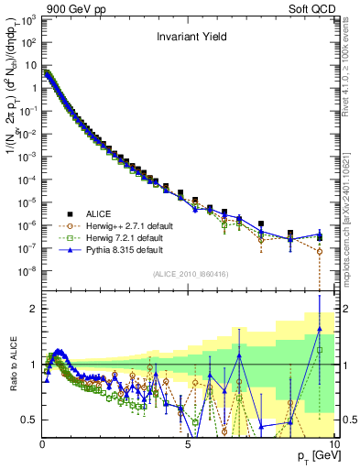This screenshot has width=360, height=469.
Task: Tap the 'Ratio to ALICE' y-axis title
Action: pyautogui.click(x=11, y=364)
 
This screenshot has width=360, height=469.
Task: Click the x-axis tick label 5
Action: pyautogui.click(x=188, y=443)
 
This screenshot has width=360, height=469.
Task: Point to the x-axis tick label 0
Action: pyautogui.click(x=42, y=443)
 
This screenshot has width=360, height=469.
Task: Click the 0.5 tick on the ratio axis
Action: pyautogui.click(x=27, y=420)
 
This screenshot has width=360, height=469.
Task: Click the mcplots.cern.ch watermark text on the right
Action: pyautogui.click(x=351, y=229)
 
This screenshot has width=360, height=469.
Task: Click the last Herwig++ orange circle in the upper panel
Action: pyautogui.click(x=320, y=250)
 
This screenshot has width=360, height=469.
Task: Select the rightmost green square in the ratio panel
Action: pyautogui.click(x=320, y=350)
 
